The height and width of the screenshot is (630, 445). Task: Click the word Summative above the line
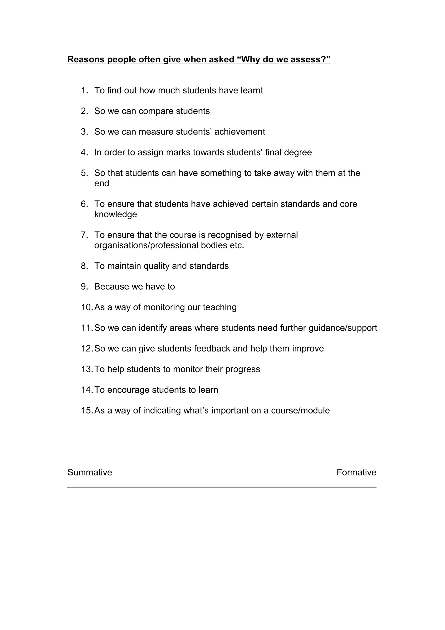click(x=90, y=472)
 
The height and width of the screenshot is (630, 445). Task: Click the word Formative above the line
click(x=356, y=472)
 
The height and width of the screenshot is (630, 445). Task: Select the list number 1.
click(x=84, y=90)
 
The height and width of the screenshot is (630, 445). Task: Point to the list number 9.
click(x=84, y=287)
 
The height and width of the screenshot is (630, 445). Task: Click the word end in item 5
click(x=101, y=183)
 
